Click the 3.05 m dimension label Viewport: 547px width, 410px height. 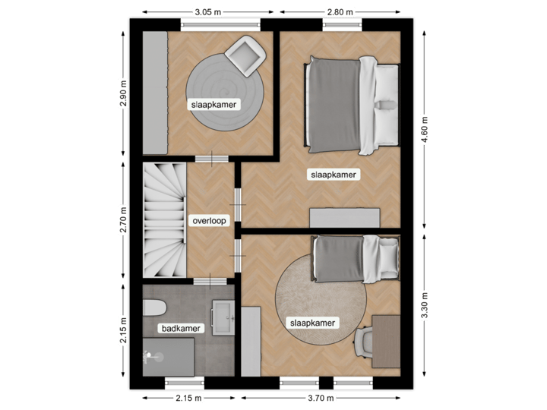[208, 12]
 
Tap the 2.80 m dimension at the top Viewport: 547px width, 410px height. [340, 12]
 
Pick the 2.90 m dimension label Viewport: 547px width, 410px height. [124, 94]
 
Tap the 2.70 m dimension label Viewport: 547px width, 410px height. [124, 220]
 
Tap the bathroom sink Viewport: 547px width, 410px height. [224, 316]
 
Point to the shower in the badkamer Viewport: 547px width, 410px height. [169, 355]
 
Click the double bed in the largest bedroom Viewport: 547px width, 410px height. [352, 102]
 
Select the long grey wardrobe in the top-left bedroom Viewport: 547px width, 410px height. [155, 92]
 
